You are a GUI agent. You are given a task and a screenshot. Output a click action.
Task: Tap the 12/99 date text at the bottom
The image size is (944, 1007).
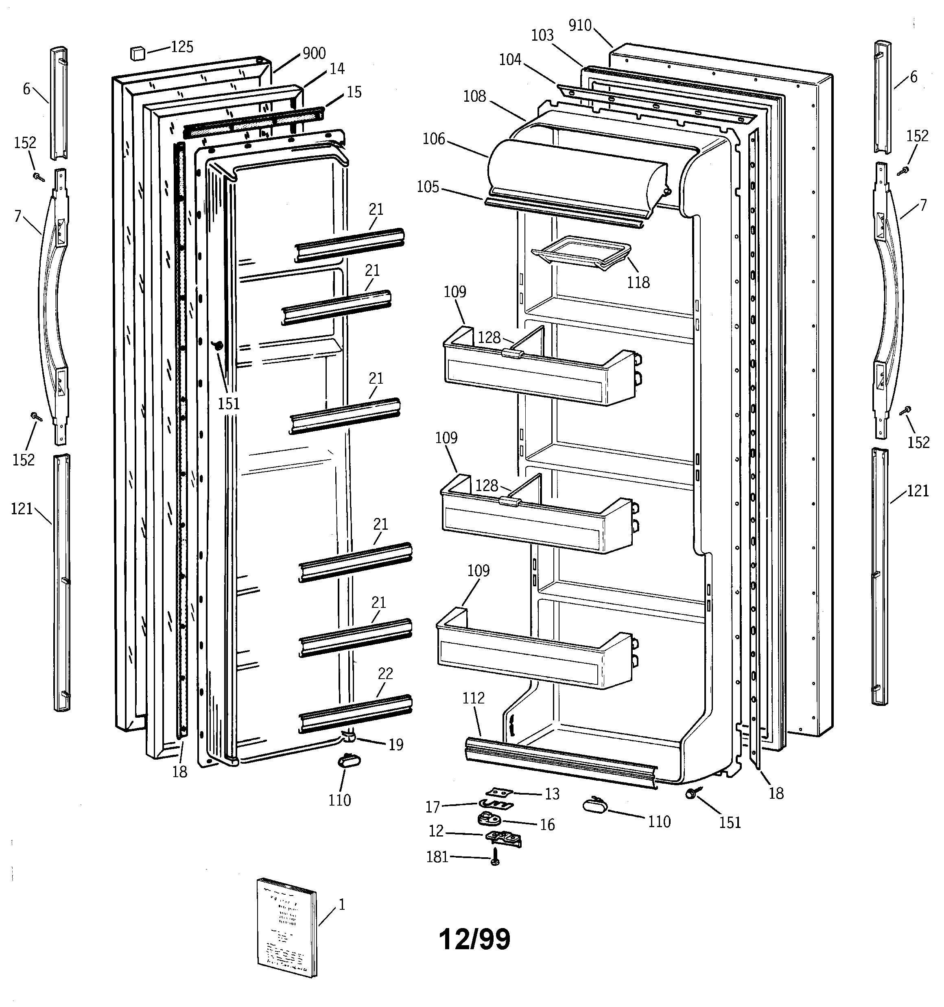[475, 939]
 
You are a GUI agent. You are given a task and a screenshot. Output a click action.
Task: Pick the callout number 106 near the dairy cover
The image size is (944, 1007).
[434, 139]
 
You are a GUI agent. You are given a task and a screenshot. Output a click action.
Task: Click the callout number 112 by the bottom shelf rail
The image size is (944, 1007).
[473, 698]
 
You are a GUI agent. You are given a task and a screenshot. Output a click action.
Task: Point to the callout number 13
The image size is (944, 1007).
[552, 794]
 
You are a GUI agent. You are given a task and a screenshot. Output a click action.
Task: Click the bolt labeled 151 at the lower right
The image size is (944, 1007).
[690, 793]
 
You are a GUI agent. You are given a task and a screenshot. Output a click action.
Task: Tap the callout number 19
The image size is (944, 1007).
[396, 745]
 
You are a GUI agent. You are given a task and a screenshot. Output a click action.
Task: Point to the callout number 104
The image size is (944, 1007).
[510, 60]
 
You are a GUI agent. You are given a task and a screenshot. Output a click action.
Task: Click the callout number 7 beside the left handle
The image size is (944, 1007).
[18, 216]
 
